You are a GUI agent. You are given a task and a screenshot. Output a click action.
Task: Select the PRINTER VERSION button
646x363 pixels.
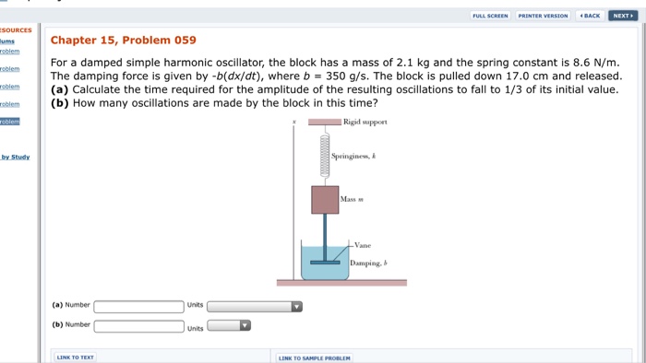point(543,16)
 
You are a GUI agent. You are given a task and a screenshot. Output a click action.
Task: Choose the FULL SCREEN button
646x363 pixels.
point(490,16)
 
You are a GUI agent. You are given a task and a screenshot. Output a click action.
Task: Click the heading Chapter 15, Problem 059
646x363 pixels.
point(123,40)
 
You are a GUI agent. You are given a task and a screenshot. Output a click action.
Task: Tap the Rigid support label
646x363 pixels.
point(365,122)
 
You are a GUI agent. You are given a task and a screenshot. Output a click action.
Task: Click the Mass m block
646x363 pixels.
point(324,199)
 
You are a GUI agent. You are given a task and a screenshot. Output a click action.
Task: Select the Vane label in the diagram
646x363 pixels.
point(363,245)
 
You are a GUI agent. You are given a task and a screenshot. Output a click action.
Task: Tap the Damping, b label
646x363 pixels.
point(368,263)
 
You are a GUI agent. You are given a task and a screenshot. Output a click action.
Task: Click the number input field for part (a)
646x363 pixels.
point(138,306)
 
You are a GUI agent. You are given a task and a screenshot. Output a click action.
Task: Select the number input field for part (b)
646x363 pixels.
point(138,325)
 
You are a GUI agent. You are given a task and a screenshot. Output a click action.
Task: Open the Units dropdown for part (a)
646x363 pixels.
point(255,306)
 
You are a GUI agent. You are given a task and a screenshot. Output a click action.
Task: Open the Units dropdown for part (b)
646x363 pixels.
point(229,325)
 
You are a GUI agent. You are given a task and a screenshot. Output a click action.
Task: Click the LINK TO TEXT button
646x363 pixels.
point(76,357)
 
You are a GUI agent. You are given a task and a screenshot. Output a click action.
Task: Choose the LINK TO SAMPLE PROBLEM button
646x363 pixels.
point(314,357)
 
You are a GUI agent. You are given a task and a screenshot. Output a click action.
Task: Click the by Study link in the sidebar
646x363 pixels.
point(15,157)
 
